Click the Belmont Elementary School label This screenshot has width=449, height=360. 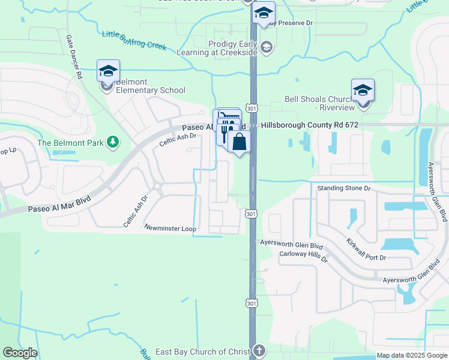point(150,86)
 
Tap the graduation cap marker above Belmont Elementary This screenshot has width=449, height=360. point(108,71)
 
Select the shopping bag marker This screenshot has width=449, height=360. point(239,142)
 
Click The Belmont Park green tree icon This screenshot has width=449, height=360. point(112,142)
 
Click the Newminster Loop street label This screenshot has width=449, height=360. point(170,228)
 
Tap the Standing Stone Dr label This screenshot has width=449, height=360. point(344,188)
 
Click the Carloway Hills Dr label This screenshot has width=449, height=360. point(303,257)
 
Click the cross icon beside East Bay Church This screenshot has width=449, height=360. point(259,350)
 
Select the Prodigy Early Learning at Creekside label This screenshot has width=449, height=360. point(233,48)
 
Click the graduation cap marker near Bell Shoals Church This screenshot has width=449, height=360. point(363,90)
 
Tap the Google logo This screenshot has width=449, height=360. point(20,353)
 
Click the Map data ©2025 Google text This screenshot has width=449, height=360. point(412,355)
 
